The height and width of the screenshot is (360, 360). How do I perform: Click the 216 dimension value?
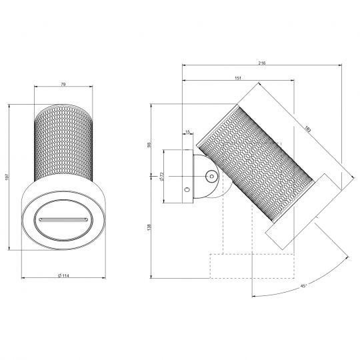point(262,63)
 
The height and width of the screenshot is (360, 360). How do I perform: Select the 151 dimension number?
point(238,78)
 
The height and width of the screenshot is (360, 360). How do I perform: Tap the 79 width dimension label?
point(63,84)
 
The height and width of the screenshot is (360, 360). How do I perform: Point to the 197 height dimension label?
point(7,177)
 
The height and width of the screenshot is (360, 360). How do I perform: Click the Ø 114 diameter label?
point(63,275)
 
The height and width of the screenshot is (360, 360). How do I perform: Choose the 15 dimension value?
point(188,132)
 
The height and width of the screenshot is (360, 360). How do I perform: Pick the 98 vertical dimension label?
point(149,145)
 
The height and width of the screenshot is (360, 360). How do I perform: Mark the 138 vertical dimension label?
point(149,227)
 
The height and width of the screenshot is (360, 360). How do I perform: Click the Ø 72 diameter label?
point(161,176)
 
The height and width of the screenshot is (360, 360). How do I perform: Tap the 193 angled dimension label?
point(307,130)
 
